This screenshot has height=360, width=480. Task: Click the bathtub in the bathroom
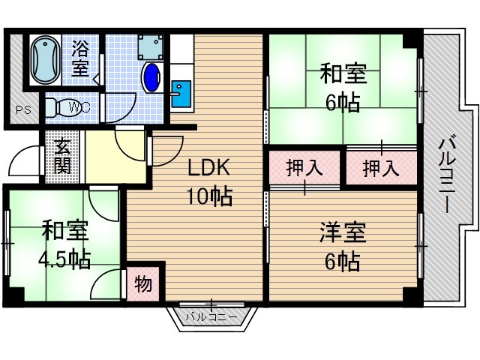46,60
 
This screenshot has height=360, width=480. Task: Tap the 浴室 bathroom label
80,58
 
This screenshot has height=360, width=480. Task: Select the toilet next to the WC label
63,106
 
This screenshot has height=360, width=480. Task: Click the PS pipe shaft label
23,110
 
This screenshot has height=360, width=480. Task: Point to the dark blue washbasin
151,77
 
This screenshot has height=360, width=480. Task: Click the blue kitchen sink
181,94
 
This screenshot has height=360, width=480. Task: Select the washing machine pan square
150,46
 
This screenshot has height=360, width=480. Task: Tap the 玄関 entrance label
63,157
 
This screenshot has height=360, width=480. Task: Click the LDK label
208,168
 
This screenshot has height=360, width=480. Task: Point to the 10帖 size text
210,196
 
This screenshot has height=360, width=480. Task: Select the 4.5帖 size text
64,259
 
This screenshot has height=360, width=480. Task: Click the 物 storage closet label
143,283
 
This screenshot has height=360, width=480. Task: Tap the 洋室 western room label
343,232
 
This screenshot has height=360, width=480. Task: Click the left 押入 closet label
304,168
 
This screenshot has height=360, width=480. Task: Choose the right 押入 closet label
381,168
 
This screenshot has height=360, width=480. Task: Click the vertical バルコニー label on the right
447,175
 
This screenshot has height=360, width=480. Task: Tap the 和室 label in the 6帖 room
343,73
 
